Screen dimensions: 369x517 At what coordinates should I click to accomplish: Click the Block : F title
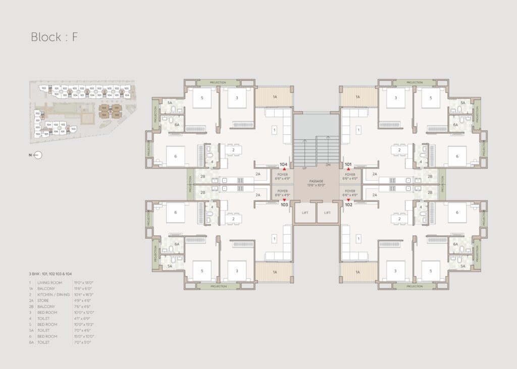(x=54, y=37)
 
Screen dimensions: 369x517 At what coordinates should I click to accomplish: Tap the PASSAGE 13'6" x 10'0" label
(x=317, y=183)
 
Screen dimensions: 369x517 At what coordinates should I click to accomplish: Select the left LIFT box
(x=305, y=213)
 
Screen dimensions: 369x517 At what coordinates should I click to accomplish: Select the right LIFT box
(x=328, y=213)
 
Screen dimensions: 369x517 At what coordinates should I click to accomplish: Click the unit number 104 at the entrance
(x=284, y=165)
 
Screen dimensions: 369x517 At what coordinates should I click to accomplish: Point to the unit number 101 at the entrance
(x=348, y=165)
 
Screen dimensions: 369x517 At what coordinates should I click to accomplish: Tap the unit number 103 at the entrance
(x=284, y=205)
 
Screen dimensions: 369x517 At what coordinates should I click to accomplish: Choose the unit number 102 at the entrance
(x=348, y=205)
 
